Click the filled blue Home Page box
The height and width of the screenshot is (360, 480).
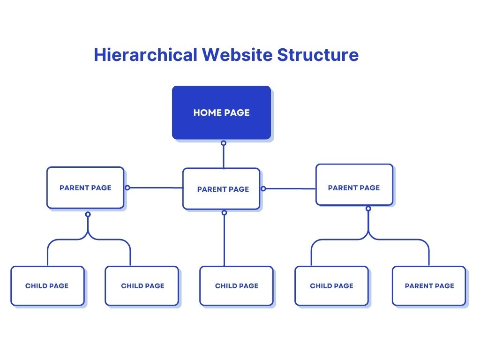(221, 112)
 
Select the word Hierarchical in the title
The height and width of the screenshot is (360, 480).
(145, 55)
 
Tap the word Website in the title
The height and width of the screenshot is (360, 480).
(237, 55)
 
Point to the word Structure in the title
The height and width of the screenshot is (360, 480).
(318, 55)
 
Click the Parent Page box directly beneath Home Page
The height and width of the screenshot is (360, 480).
(221, 189)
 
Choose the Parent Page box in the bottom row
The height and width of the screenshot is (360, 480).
(429, 286)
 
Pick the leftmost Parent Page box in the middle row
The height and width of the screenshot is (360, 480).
(85, 187)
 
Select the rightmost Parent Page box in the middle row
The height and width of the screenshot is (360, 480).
(354, 185)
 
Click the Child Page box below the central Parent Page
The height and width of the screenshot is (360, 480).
(236, 286)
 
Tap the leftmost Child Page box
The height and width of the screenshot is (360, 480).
(47, 286)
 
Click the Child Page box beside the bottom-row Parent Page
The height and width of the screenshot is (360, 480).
(331, 286)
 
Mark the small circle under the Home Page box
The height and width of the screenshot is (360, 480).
(224, 143)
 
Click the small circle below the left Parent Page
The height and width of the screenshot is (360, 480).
(88, 214)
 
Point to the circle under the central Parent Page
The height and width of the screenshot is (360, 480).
(225, 212)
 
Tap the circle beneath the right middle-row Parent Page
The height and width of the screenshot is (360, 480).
(368, 209)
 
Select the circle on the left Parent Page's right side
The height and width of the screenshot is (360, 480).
(127, 187)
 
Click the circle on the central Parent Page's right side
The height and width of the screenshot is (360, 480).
(263, 188)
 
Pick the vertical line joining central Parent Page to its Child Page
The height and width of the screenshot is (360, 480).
(225, 240)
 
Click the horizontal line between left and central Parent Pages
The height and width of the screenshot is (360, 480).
(156, 187)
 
